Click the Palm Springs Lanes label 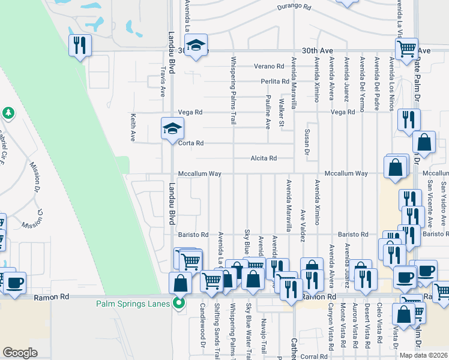point(133,303)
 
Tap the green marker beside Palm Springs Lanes point(178,303)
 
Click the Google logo point(20,353)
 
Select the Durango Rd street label point(294,8)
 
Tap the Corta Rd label point(191,143)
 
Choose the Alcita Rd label point(264,158)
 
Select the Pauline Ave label point(268,112)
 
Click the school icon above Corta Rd point(172,128)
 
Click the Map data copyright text point(423,355)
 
